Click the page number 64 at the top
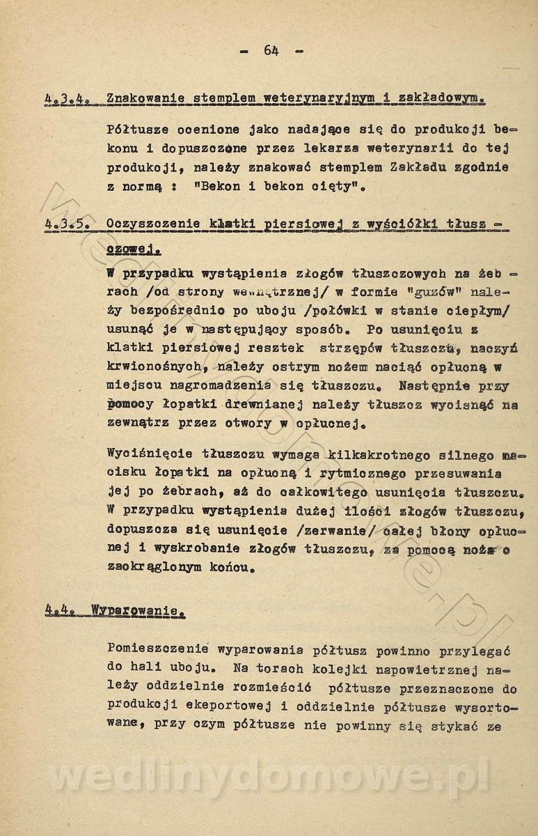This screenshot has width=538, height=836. pyautogui.click(x=271, y=50)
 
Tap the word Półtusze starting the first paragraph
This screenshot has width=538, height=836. pyautogui.click(x=139, y=130)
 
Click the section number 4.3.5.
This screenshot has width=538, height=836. pyautogui.click(x=65, y=224)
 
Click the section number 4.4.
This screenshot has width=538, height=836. pyautogui.click(x=60, y=611)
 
